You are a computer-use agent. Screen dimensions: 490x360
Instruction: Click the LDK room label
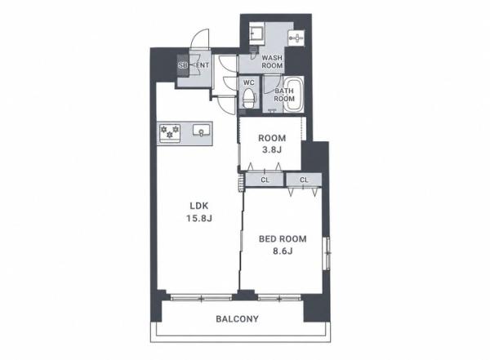point(199,206)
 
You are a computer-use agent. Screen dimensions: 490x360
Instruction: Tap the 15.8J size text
point(199,218)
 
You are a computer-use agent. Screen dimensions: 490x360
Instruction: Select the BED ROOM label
point(283,239)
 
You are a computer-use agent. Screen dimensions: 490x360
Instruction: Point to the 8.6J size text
point(283,251)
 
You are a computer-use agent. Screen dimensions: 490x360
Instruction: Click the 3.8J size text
point(272,149)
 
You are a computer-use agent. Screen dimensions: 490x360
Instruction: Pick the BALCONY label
point(238,319)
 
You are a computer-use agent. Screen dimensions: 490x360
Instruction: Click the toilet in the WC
point(249,98)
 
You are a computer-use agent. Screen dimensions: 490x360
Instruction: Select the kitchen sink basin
point(202,131)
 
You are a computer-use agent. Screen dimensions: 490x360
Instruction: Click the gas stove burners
point(170,132)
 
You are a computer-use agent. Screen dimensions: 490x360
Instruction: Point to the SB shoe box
point(182,65)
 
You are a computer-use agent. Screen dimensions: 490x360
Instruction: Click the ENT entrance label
point(203,65)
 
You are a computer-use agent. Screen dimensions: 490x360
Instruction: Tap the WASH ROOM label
point(272,62)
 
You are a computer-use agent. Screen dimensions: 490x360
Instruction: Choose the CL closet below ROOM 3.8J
point(265,180)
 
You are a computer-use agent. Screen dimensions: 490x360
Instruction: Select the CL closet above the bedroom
point(304,180)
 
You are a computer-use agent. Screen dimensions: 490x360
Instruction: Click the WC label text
point(249,82)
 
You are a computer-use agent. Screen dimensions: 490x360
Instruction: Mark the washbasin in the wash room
point(296,38)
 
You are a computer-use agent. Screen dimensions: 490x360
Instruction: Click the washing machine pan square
point(257,33)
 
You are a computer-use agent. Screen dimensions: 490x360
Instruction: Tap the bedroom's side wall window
point(327,253)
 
